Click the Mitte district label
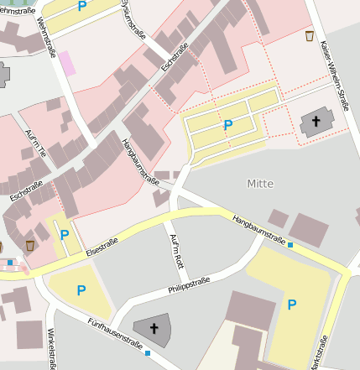click(260, 182)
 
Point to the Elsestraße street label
click(102, 245)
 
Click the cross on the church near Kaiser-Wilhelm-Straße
click(316, 122)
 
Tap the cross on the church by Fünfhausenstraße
click(154, 328)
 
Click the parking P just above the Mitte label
click(227, 125)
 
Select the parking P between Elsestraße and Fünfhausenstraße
click(81, 290)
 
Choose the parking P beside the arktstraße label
click(292, 305)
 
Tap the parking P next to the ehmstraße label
click(81, 7)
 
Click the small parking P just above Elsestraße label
click(65, 234)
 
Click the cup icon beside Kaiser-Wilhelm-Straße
click(310, 36)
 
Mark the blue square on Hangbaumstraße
click(290, 245)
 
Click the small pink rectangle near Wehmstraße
click(65, 62)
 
